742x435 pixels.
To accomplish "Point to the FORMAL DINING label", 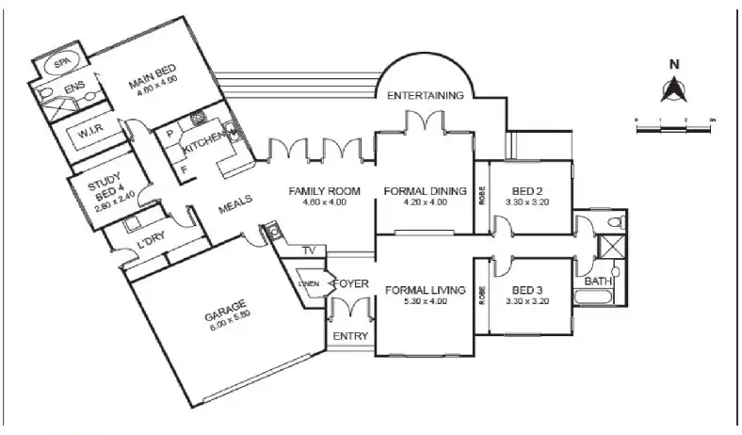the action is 426,192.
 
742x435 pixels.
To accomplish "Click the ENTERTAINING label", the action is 427,95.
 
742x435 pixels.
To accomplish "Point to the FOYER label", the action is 348,284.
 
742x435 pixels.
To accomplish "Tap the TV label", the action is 308,250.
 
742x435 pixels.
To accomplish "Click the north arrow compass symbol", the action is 673,89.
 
